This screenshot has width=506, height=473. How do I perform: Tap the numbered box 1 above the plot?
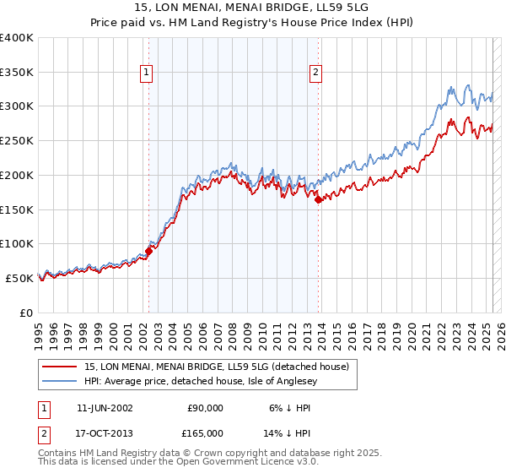[147, 73]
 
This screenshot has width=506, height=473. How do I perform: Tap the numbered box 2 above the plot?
[316, 73]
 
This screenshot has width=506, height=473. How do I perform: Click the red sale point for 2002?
[148, 250]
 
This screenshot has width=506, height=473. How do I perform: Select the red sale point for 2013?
[319, 199]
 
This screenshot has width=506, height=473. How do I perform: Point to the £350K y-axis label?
[17, 72]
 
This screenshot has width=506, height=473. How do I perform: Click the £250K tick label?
[17, 140]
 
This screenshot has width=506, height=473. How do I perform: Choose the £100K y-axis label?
[17, 243]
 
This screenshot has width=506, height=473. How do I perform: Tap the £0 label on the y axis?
[25, 312]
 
